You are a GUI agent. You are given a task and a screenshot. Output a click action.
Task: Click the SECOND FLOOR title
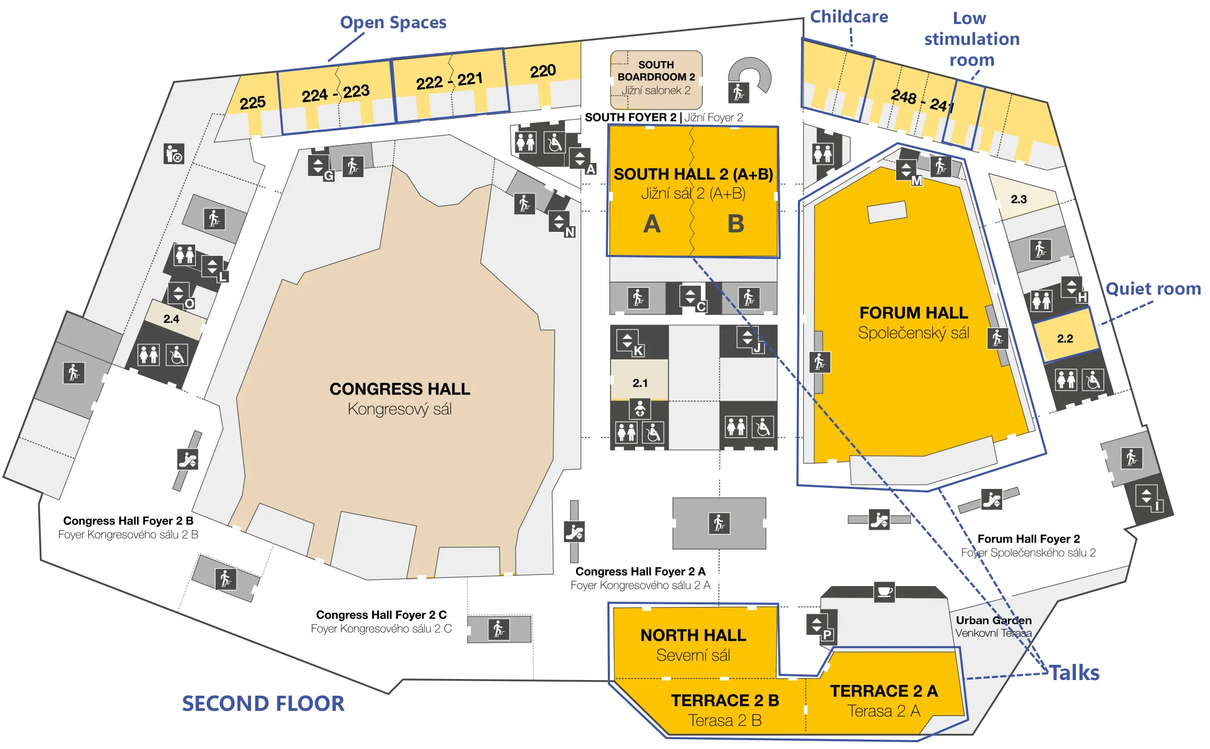coord(263,704)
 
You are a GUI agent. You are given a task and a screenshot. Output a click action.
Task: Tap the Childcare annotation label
coord(849,17)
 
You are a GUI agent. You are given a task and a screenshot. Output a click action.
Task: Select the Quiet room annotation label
coord(1153,288)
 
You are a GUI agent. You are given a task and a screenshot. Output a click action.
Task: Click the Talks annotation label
coord(1074,673)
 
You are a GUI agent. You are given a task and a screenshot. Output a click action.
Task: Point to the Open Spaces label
coord(393,22)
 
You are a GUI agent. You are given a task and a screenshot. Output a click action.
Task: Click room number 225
coord(253,102)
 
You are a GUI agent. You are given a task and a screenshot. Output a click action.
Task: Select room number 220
coord(543,71)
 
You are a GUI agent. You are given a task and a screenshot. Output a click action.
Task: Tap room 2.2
coord(1065,338)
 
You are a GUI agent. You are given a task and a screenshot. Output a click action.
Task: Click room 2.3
coord(1018,199)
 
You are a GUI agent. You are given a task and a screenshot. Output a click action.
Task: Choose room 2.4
coord(171,319)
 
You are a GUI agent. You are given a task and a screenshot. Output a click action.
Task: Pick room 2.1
coord(640,383)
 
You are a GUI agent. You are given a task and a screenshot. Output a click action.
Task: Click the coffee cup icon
coord(884,592)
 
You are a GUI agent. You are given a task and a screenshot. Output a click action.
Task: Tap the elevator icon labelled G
coord(319,166)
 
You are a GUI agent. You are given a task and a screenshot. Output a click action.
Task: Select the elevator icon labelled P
coord(817,624)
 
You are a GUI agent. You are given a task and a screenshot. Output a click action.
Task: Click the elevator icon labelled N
coord(559,222)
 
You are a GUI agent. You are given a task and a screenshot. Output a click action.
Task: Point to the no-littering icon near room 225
coord(174,154)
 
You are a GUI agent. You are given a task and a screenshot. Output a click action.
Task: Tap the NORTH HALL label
coord(693,635)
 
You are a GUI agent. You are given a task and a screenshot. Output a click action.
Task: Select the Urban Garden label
coord(993,621)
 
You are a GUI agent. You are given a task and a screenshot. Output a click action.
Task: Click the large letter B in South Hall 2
coord(735,224)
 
